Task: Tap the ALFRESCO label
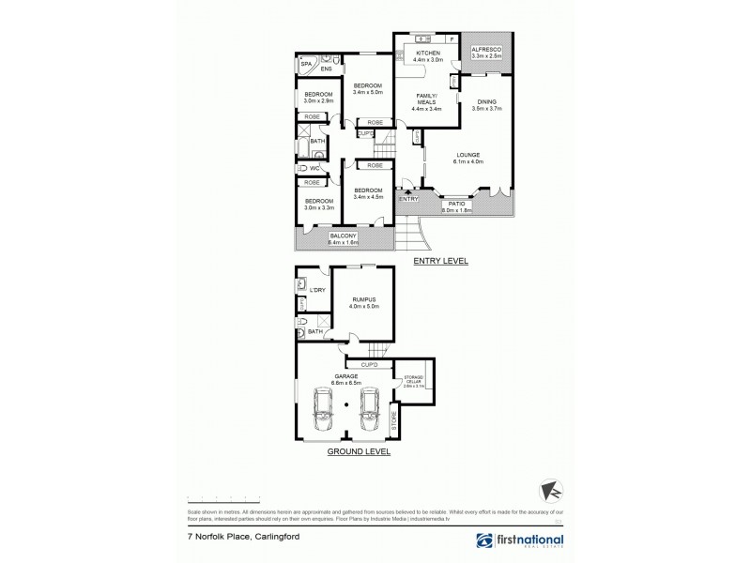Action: click(x=486, y=49)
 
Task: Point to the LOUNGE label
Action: click(x=467, y=155)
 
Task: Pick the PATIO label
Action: click(x=459, y=203)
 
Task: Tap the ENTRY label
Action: click(x=408, y=199)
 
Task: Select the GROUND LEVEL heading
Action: click(x=359, y=451)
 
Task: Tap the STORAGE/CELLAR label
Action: click(x=414, y=379)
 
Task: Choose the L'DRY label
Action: click(x=317, y=290)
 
